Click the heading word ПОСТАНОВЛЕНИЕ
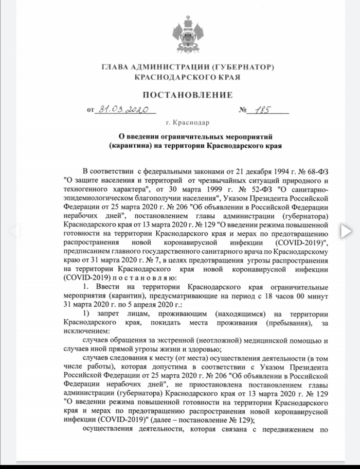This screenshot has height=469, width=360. point(187,95)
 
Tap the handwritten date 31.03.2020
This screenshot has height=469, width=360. point(123,109)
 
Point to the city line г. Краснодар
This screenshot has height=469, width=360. point(188,123)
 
